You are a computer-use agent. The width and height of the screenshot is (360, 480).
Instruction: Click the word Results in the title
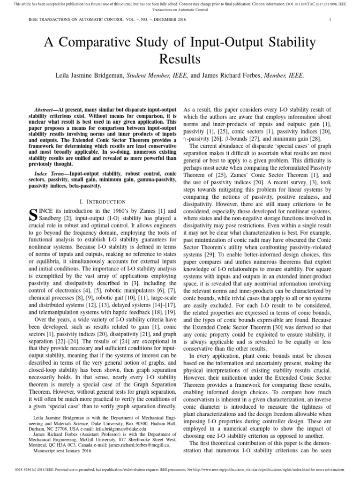(180, 60)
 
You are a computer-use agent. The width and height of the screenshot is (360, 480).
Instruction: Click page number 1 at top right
(330, 20)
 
